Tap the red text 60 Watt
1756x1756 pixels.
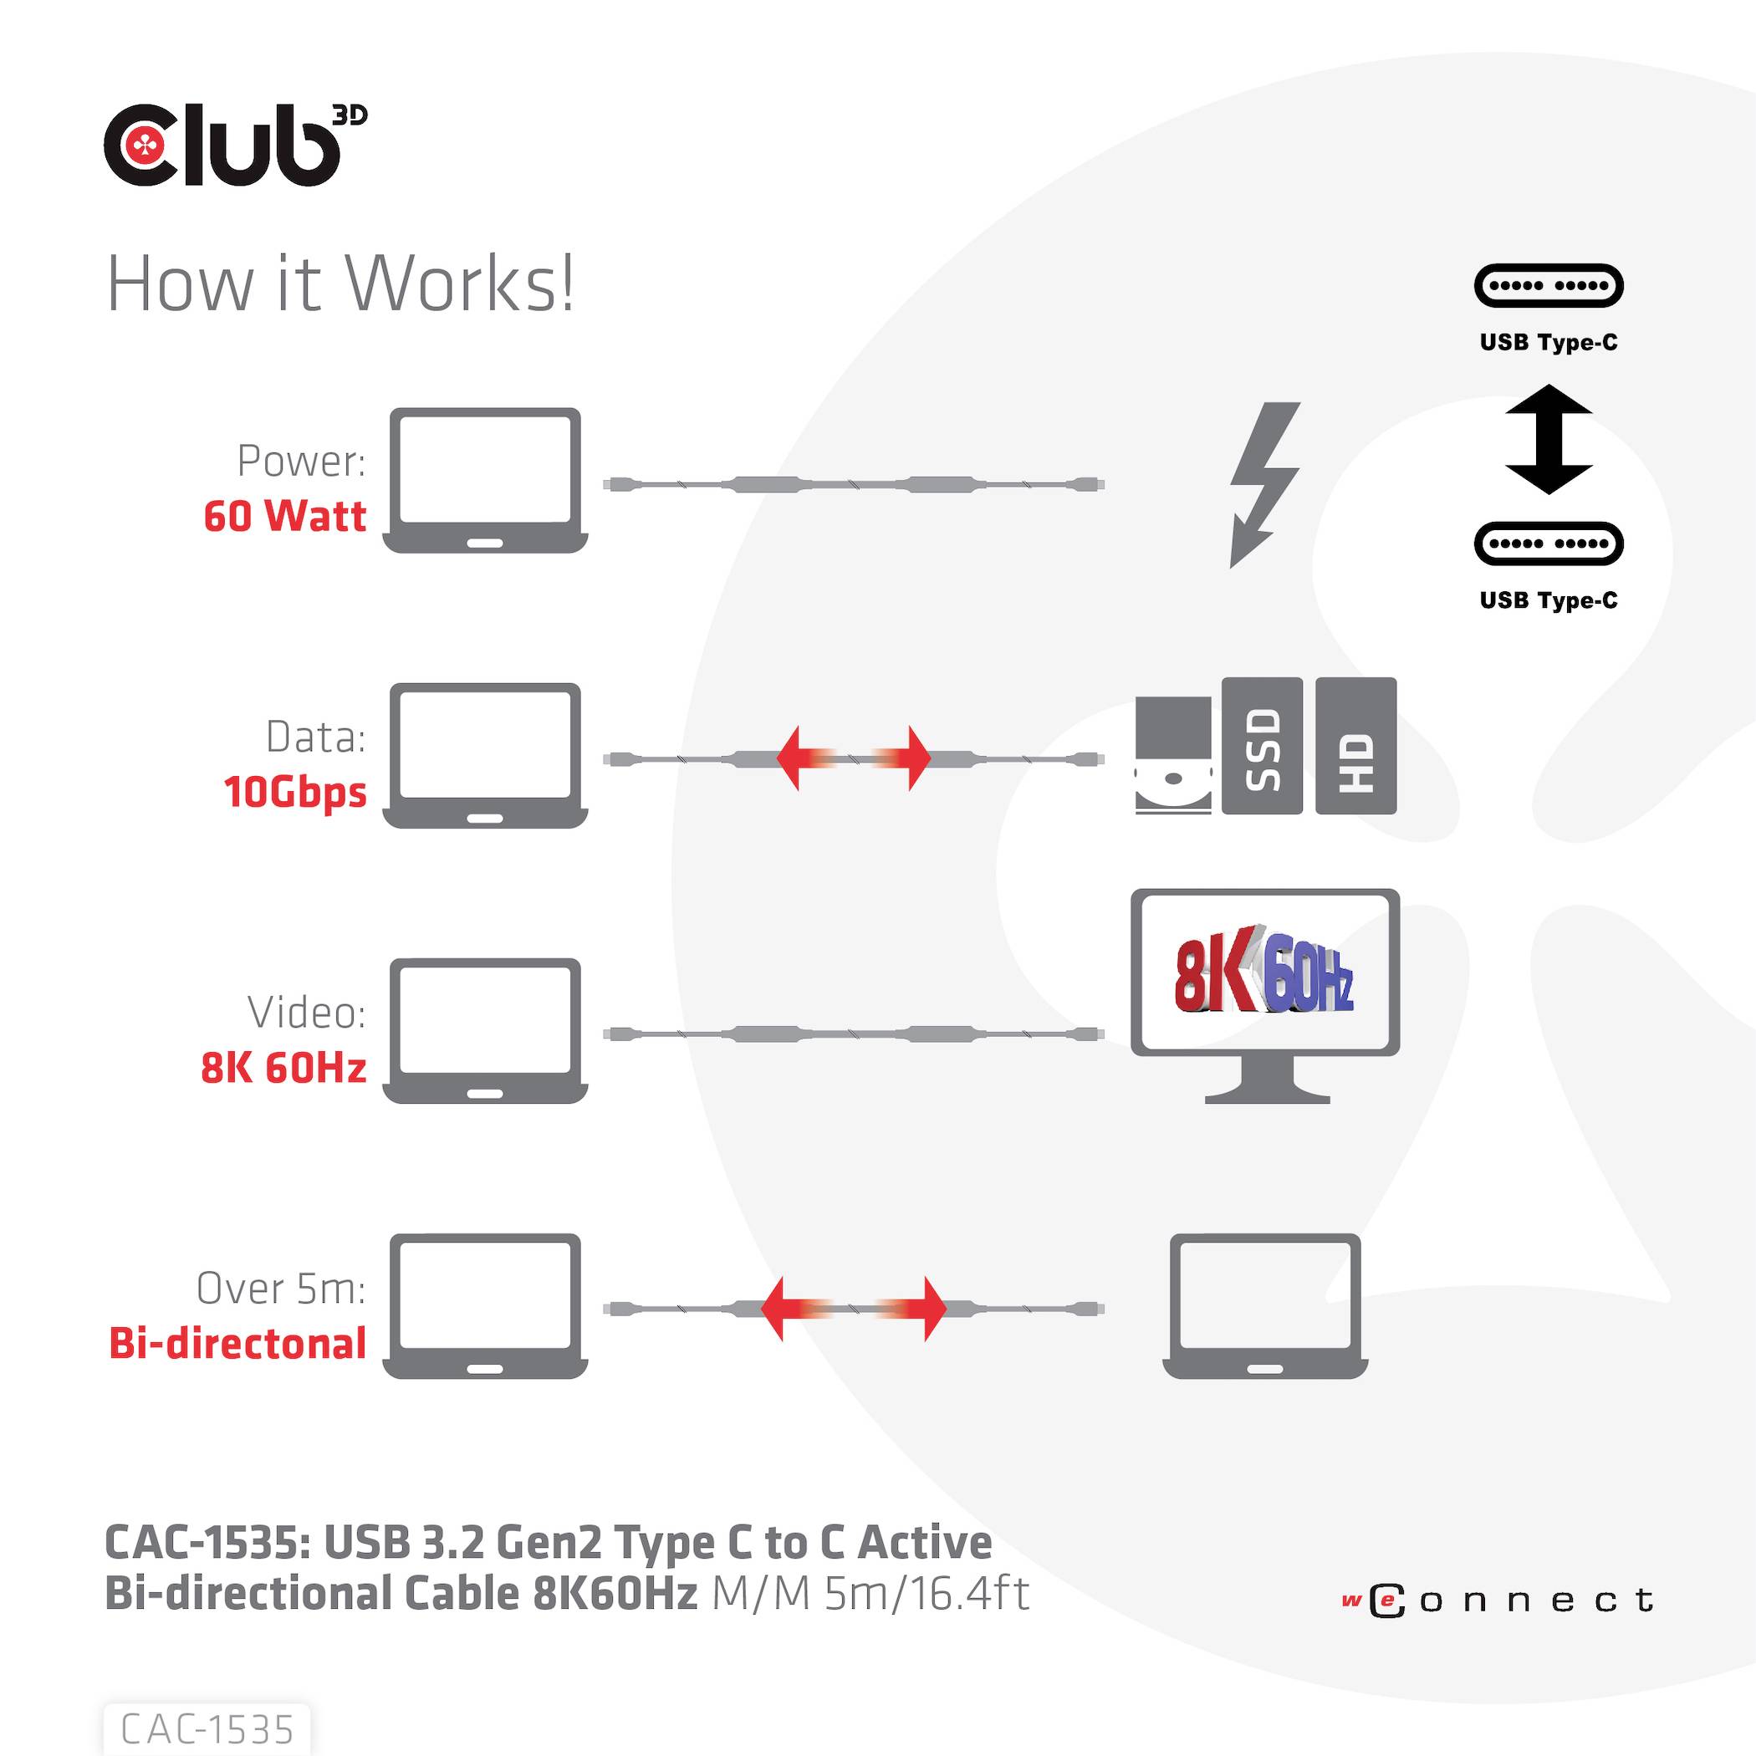284,516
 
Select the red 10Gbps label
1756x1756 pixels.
295,792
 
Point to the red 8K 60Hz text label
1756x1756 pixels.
283,1067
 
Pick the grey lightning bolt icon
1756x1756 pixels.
1263,483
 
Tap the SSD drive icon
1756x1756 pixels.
1262,745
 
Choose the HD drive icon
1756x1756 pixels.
1355,745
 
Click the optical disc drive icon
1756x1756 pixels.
1172,754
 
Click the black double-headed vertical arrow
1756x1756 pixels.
1548,439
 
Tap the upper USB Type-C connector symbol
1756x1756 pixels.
1548,285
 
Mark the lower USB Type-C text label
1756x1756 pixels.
1548,600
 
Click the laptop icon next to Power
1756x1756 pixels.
485,480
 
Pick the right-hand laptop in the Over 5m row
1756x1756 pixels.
1265,1305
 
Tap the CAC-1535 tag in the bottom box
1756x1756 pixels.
207,1728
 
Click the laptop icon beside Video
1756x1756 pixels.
485,1030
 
